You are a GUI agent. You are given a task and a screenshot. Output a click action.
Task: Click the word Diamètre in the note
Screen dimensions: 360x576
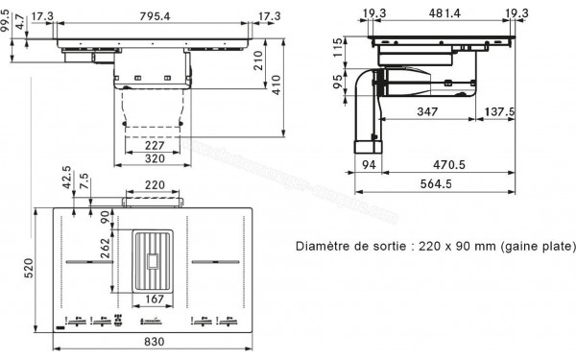click(x=326, y=247)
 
